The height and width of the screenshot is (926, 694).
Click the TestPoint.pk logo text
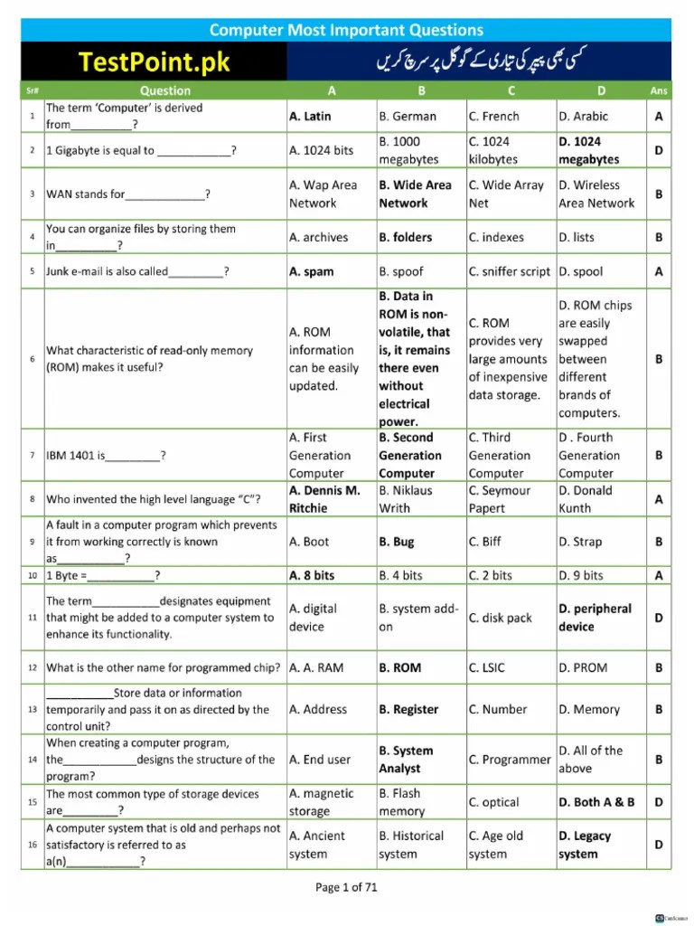click(155, 61)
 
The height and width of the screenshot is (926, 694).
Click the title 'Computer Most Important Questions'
click(346, 30)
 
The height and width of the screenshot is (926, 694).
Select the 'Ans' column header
click(659, 90)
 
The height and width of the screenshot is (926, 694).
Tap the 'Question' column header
click(165, 90)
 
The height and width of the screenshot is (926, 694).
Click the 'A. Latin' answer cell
click(310, 117)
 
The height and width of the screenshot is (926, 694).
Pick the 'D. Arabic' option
click(583, 117)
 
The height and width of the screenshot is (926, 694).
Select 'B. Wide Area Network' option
click(415, 194)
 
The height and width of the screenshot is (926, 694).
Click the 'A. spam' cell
click(311, 271)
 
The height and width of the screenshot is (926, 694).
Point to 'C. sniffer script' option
click(509, 271)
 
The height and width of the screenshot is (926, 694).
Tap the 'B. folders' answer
click(406, 237)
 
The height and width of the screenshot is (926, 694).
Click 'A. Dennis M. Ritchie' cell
click(324, 499)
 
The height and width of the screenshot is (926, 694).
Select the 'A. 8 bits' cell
click(312, 575)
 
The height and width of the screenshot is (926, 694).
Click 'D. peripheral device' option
click(595, 618)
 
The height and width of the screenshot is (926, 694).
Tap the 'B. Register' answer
click(408, 710)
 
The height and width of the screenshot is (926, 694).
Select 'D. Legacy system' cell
click(585, 845)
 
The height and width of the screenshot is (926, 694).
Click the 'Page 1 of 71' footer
click(346, 887)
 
